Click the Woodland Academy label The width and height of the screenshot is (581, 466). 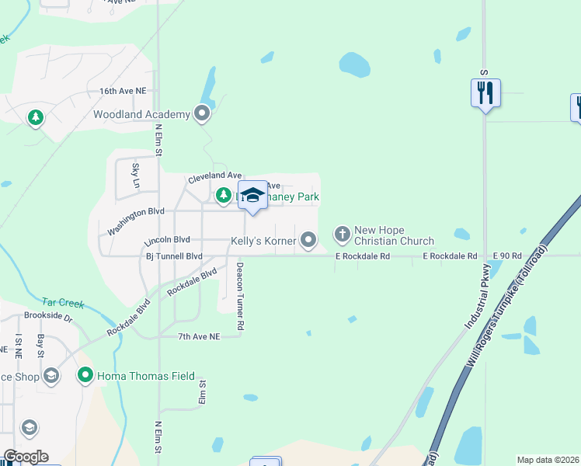141,115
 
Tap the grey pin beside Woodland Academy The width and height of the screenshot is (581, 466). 203,114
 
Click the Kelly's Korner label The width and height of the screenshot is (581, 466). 263,242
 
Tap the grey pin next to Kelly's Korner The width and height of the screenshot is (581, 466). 308,241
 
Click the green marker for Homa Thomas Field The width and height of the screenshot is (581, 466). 85,376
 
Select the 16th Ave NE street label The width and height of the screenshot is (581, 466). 123,91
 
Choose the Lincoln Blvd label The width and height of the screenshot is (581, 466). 167,240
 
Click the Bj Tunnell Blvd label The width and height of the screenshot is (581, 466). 174,256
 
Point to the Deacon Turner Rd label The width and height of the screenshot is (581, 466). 241,295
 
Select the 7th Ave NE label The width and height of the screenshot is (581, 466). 200,336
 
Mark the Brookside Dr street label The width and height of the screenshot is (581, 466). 47,318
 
